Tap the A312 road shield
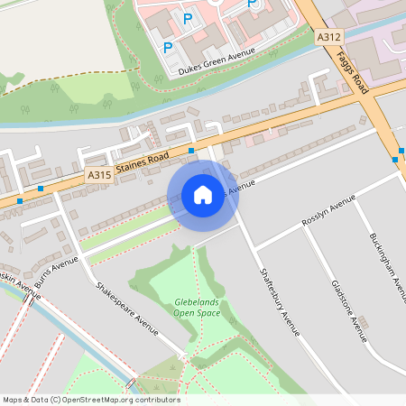pos(328,38)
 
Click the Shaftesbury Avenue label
pos(279,300)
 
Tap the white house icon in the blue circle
pos(203,194)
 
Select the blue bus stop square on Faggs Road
pos(395,159)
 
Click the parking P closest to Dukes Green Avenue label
pos(167,47)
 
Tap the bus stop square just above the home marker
pos(192,150)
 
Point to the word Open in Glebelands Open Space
pos(184,313)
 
